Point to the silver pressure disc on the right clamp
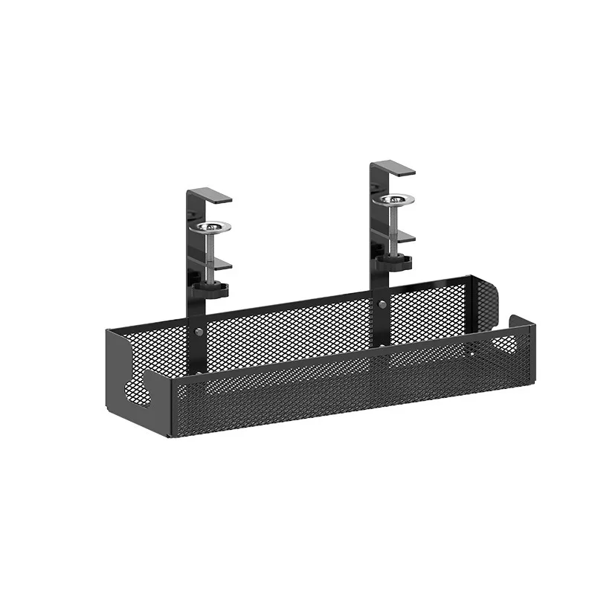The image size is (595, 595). [394, 199]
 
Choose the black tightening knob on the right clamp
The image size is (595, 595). [393, 260]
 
